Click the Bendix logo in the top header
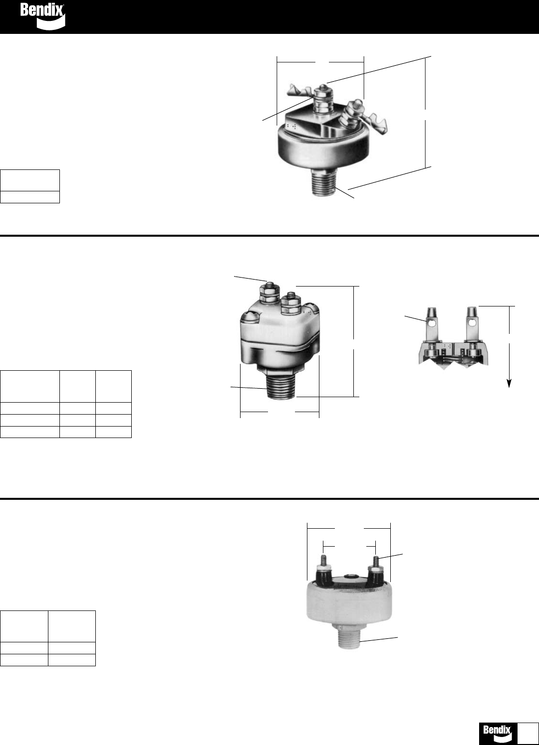click(42, 16)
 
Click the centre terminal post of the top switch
click(321, 100)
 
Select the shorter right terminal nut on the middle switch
click(291, 304)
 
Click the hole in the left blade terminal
click(431, 322)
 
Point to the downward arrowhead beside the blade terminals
click(509, 384)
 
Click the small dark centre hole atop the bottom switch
click(349, 576)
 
